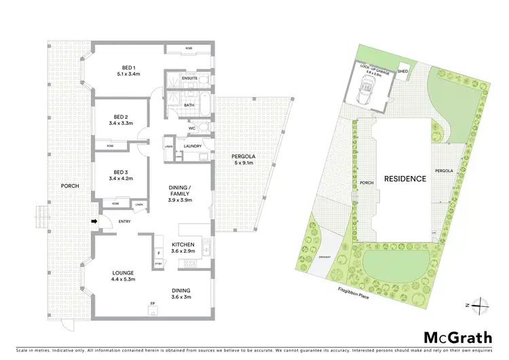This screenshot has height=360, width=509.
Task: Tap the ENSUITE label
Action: coord(190,79)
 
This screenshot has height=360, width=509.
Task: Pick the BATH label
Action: coord(189,105)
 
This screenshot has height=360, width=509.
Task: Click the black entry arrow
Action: coord(96,221)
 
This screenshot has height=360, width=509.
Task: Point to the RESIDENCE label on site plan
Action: coord(404,179)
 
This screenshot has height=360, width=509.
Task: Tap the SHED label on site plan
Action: coord(402,71)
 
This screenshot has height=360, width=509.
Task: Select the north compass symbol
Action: coord(479,305)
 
